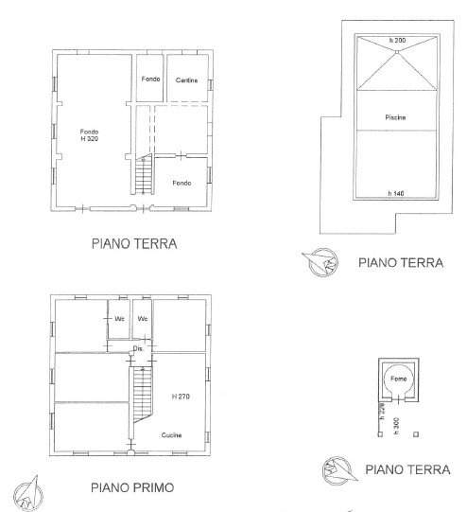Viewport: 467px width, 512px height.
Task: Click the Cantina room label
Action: (x=186, y=80)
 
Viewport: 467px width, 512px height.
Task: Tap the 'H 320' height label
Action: (x=90, y=139)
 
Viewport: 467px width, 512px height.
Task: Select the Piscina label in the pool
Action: (x=395, y=117)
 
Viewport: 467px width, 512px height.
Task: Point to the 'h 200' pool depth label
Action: (x=397, y=40)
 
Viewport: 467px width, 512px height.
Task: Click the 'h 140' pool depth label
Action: (x=396, y=193)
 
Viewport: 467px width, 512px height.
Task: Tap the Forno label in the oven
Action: (x=399, y=379)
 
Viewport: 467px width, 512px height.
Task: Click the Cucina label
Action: (x=171, y=435)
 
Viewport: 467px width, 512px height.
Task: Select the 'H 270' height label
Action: (x=181, y=397)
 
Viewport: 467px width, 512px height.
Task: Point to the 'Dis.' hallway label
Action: (x=138, y=348)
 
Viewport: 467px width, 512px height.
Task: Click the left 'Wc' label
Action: (x=120, y=318)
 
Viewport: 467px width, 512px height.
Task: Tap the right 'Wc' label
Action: (x=143, y=318)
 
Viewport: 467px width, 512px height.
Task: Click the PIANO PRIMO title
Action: (x=132, y=487)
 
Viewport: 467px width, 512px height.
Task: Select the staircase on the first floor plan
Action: (x=143, y=395)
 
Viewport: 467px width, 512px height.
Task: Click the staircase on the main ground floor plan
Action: (x=144, y=174)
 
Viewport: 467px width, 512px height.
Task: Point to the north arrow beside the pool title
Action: (x=321, y=262)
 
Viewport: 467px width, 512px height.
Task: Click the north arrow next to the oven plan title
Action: (x=339, y=470)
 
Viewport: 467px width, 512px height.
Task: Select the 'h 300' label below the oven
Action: (x=396, y=426)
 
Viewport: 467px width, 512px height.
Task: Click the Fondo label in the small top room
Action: (x=150, y=79)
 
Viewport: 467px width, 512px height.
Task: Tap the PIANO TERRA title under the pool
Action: (x=401, y=263)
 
